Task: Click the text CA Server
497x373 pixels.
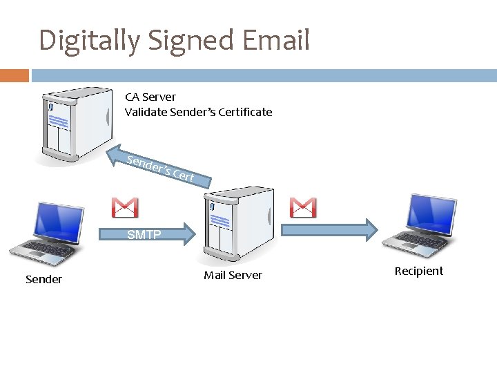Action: coord(150,97)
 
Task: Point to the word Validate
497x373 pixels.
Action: coord(146,112)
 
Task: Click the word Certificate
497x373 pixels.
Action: coord(245,112)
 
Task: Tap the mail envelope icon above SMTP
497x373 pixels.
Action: coord(125,207)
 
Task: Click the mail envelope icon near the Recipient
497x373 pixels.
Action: coord(303,207)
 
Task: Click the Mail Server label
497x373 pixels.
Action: coord(233,275)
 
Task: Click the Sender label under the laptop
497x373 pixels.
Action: coord(43,279)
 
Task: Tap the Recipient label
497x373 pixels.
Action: coord(418,271)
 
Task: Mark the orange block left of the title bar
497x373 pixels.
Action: coord(14,75)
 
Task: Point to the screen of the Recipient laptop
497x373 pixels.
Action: coord(431,210)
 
